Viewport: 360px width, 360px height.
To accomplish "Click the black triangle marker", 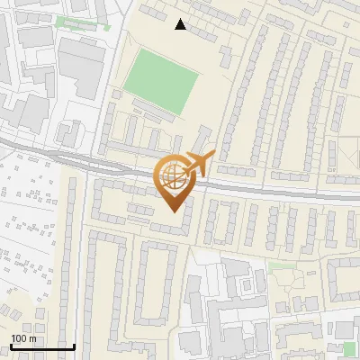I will (181, 25).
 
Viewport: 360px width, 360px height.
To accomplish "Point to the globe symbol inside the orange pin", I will (173, 175).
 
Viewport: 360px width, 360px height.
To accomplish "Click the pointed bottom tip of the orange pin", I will (173, 211).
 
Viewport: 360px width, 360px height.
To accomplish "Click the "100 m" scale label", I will (24, 337).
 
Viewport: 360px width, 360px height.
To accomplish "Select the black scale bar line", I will (41, 346).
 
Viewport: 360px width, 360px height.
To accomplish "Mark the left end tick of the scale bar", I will (10, 345).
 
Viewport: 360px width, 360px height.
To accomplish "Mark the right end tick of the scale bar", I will (73, 345).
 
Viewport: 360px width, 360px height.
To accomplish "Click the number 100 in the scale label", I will (19, 337).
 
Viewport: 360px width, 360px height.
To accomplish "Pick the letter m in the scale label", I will (34, 338).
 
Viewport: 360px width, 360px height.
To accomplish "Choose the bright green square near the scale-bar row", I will (349, 347).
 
